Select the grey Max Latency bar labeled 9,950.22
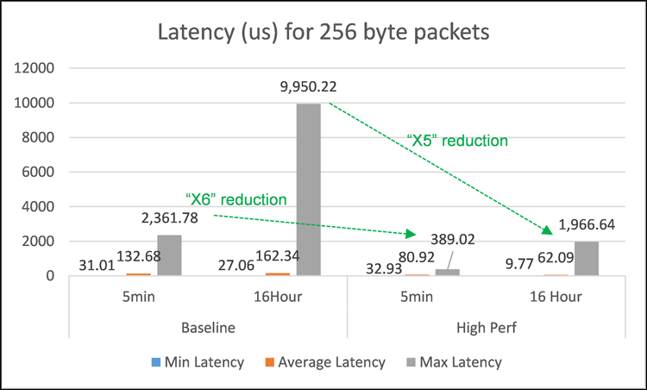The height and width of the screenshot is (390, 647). click(308, 190)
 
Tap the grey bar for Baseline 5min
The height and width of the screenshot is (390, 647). click(170, 255)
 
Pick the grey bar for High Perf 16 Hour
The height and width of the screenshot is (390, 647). click(586, 259)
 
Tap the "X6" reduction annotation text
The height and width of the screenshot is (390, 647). click(236, 199)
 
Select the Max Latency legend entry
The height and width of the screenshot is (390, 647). click(455, 362)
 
